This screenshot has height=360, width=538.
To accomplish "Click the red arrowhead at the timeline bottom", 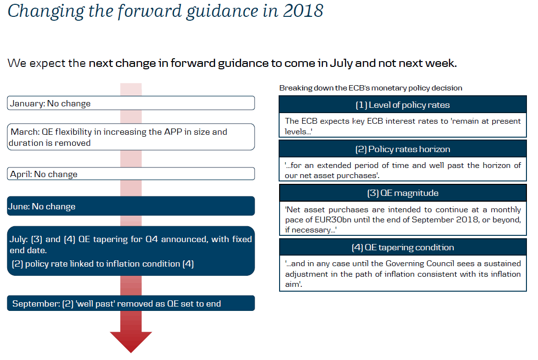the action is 131,341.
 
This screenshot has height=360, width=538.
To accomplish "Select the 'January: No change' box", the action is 131,103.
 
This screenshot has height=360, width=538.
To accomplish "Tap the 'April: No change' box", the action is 131,174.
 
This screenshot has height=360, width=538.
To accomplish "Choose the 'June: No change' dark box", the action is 131,206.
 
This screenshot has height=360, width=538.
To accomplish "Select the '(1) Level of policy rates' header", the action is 402,104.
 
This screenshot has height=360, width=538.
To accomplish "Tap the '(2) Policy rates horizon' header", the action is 402,149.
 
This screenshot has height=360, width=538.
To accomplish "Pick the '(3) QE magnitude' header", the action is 402,193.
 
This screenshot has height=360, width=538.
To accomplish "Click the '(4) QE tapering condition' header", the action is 402,247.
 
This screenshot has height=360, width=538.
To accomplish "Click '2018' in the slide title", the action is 303,11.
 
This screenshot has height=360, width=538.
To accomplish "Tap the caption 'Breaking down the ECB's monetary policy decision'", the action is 371,88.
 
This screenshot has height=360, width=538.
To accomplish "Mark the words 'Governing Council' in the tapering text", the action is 417,264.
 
